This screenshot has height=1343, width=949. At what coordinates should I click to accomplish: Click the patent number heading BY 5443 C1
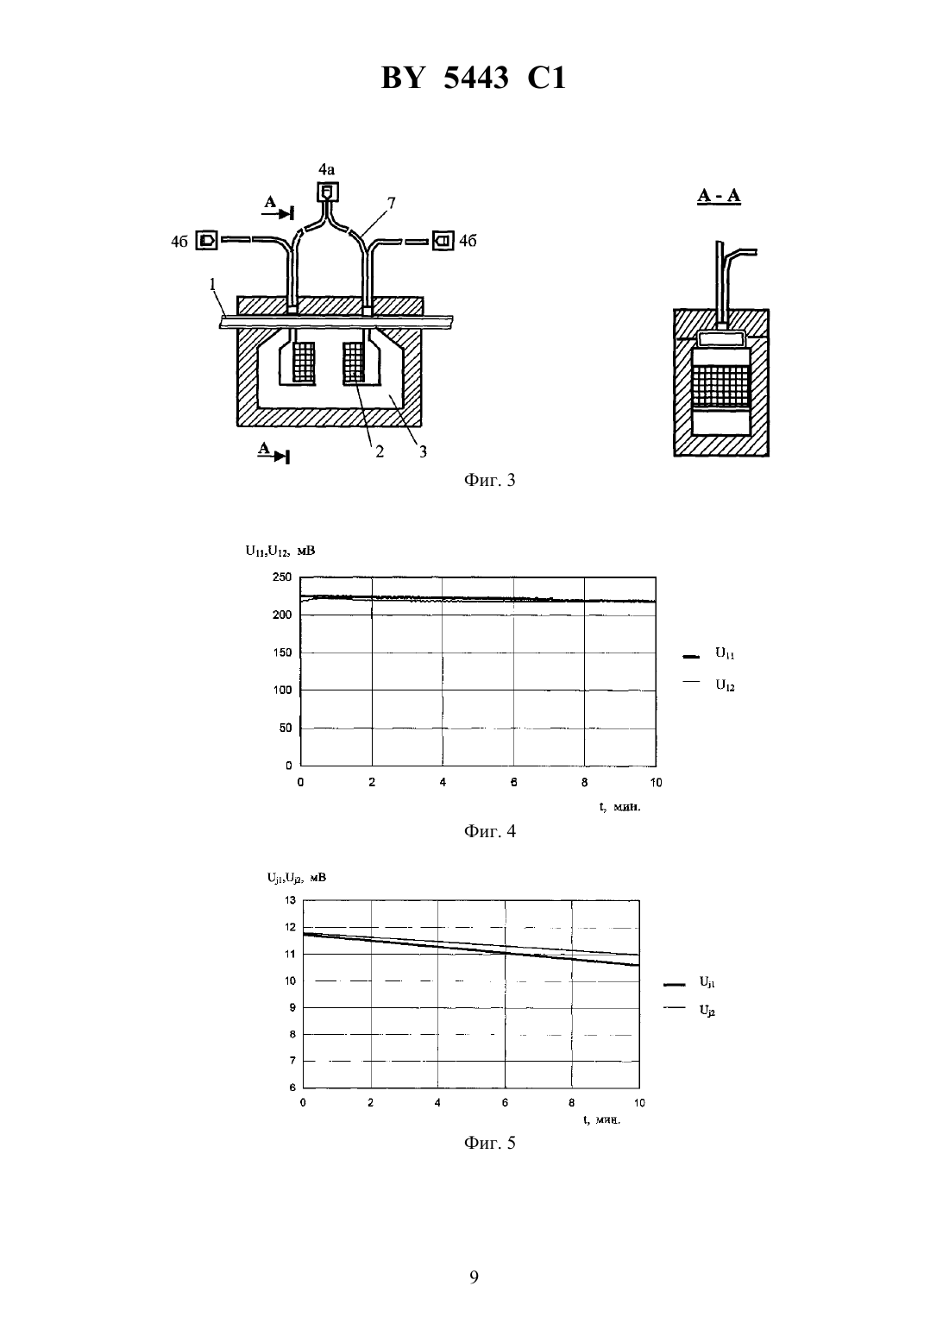(x=474, y=78)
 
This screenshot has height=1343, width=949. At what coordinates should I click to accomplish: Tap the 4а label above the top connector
(x=326, y=169)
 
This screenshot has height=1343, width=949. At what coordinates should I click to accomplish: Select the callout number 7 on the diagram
(x=391, y=203)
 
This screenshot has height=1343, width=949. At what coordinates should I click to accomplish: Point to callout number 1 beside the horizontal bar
(x=213, y=284)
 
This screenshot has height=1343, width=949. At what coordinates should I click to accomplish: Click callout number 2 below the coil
(x=380, y=451)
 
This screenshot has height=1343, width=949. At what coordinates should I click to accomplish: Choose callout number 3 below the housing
(x=423, y=451)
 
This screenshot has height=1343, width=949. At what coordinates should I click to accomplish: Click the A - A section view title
(x=719, y=195)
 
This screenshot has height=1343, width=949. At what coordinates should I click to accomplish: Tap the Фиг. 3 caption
(x=489, y=480)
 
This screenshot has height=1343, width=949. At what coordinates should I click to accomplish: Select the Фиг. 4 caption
(x=489, y=831)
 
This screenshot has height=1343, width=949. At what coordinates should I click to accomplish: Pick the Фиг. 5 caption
(x=489, y=1143)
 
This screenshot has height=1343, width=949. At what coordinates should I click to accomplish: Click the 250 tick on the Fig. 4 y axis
(x=281, y=577)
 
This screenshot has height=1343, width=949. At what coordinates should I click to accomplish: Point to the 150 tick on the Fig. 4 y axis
(x=281, y=653)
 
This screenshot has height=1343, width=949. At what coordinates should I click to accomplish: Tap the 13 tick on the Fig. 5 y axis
(x=290, y=900)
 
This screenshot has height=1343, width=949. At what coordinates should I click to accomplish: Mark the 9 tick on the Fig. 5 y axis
(x=292, y=1008)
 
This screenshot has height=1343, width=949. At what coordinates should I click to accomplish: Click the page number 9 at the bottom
(x=474, y=1277)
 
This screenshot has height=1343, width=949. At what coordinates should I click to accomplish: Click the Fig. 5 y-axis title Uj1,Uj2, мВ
(x=297, y=878)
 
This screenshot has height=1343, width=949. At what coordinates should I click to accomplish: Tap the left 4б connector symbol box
(x=207, y=241)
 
